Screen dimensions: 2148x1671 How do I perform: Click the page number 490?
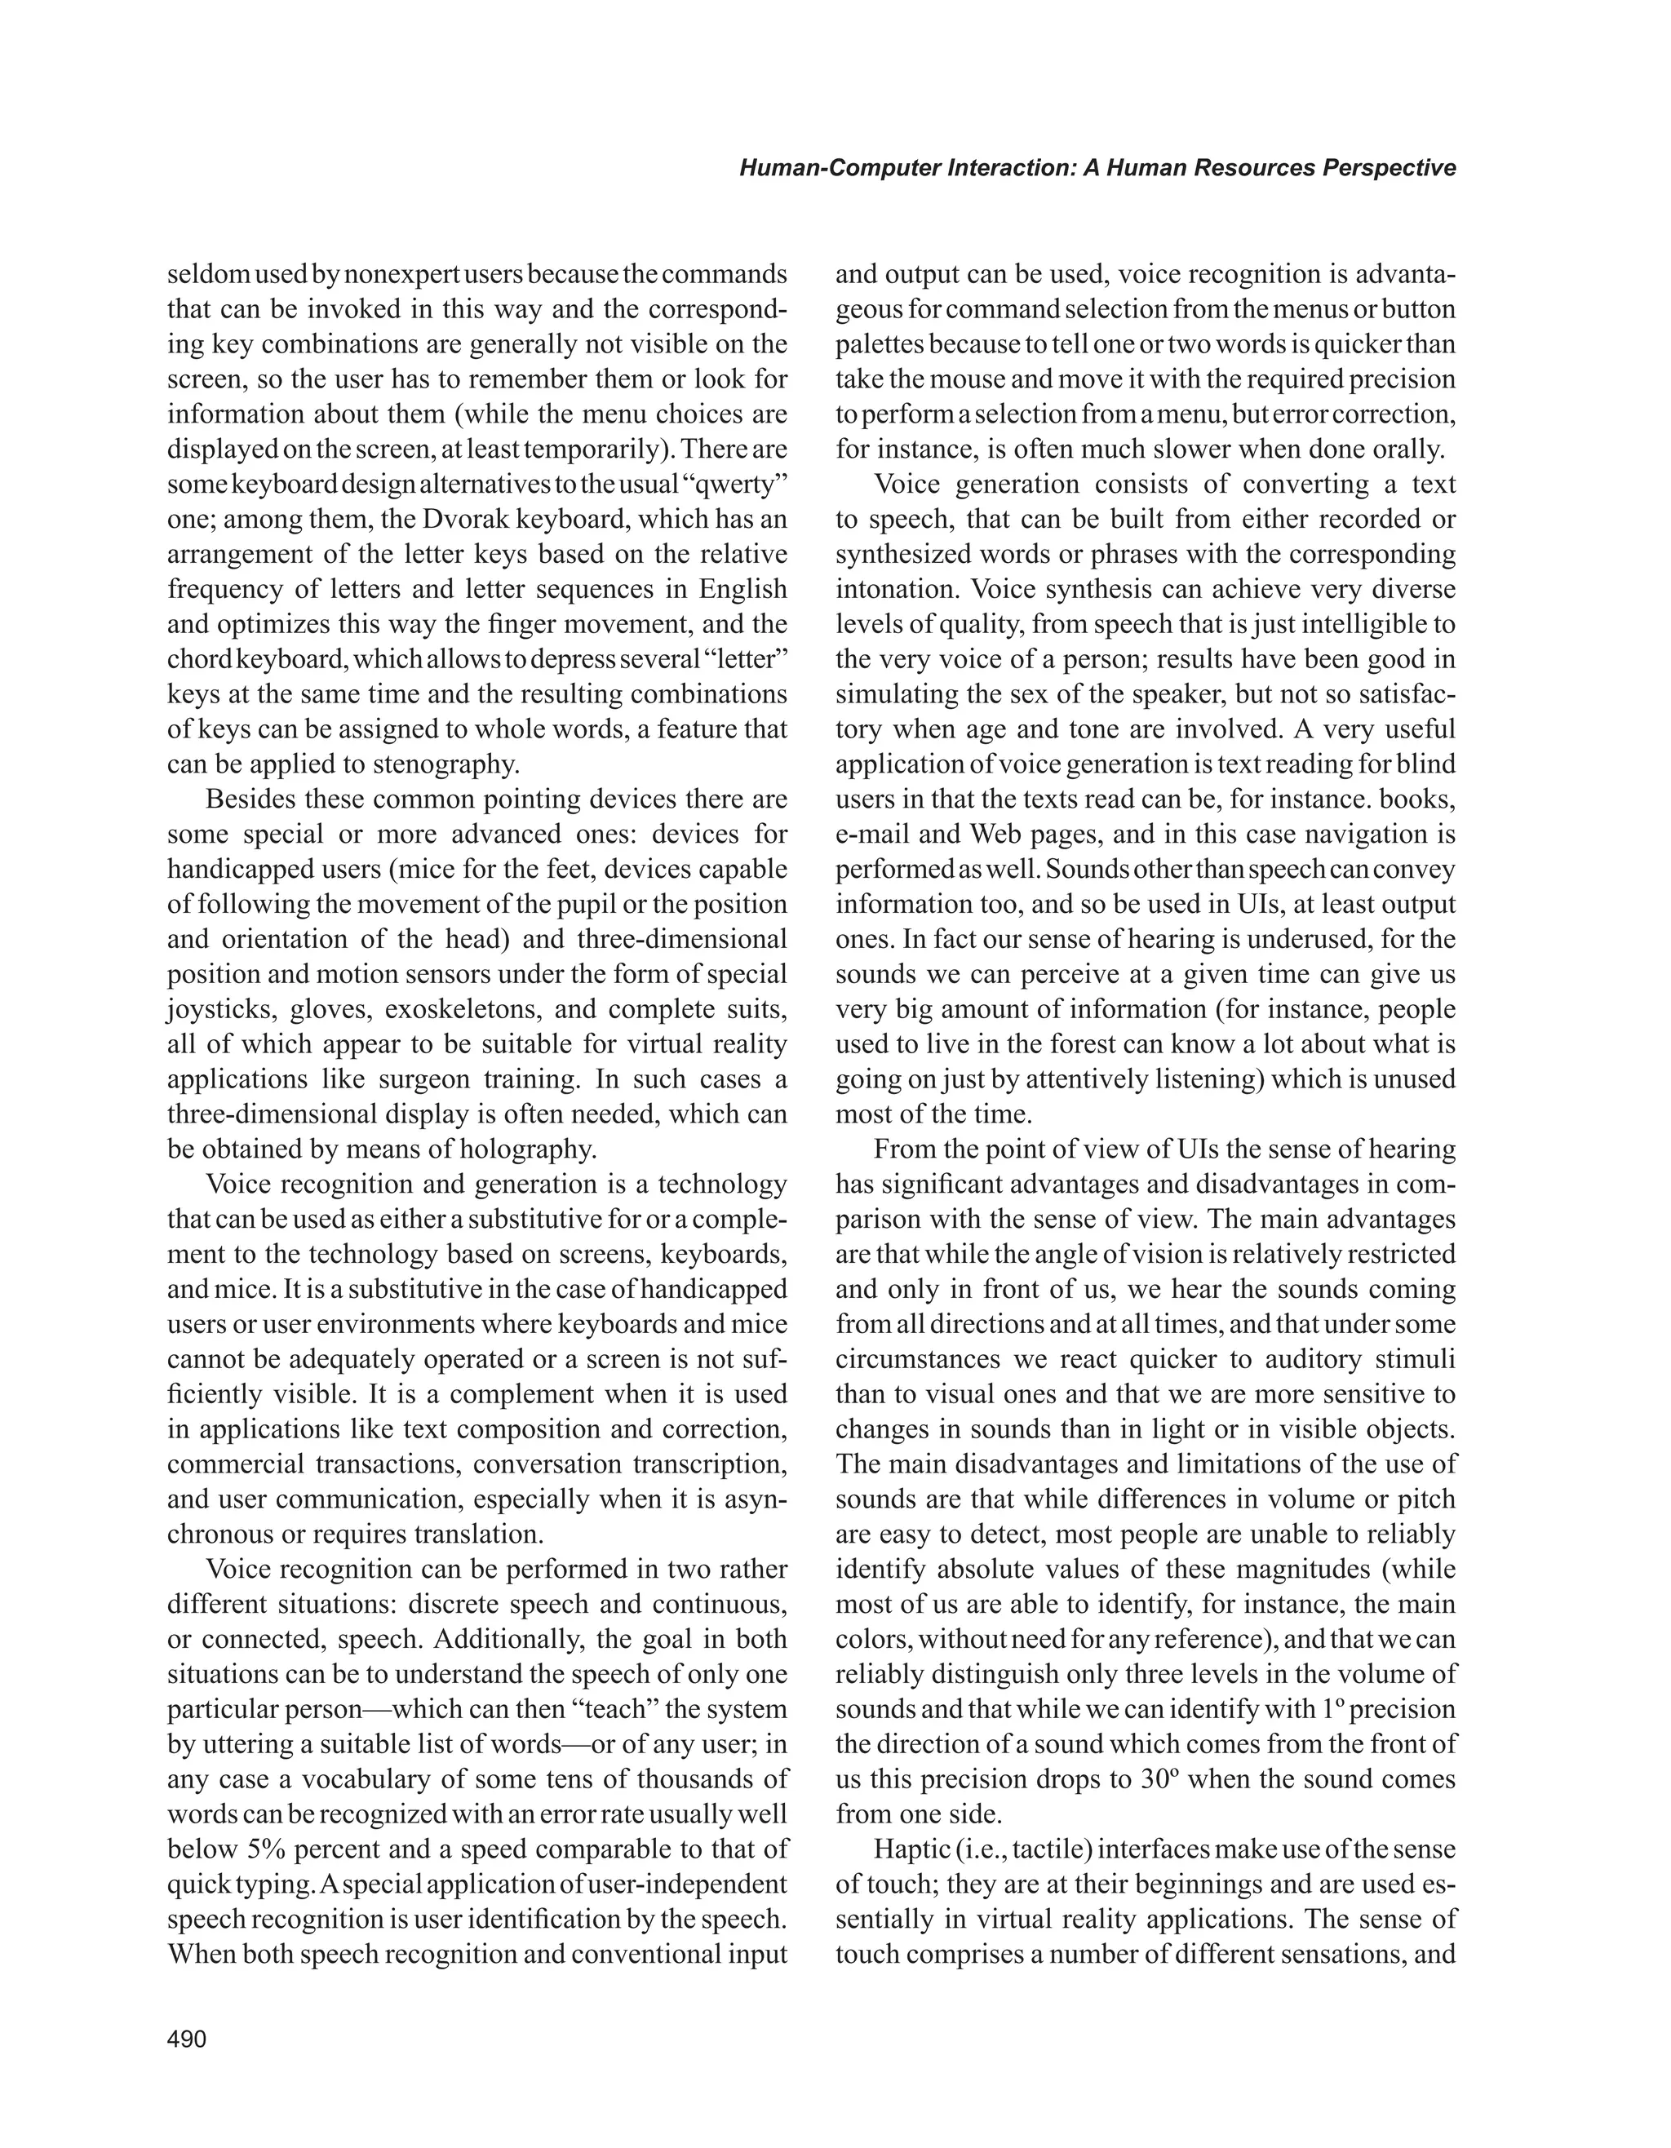point(187,2039)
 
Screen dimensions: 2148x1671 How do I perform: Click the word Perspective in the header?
point(1389,168)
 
